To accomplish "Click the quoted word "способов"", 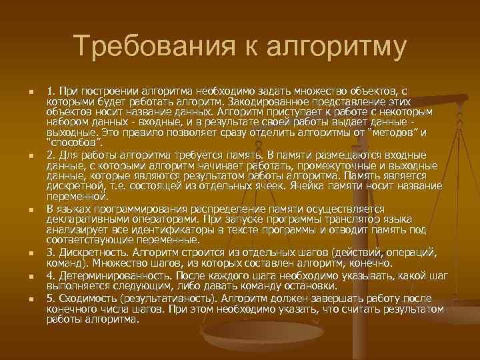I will point(74,142).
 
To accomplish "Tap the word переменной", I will point(75,197).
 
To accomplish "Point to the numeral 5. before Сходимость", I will point(51,299).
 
